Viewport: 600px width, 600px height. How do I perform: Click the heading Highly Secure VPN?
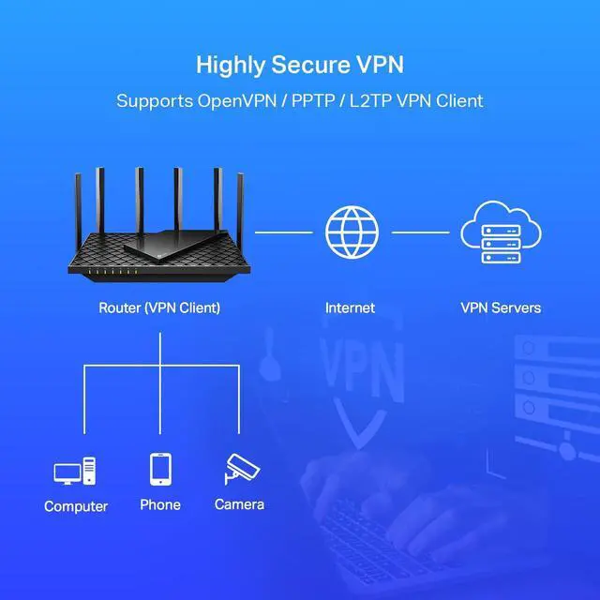[x=300, y=65]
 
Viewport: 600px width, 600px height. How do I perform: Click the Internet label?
[x=350, y=307]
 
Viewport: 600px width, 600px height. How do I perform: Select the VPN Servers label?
[x=501, y=307]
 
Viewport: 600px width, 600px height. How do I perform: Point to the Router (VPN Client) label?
[x=159, y=307]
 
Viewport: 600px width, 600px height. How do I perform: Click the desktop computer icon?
[x=75, y=472]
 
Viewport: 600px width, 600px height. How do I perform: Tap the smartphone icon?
[x=160, y=469]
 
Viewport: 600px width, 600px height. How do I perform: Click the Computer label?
[x=76, y=506]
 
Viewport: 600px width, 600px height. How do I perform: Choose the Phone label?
[x=160, y=504]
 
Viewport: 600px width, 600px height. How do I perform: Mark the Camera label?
[x=239, y=504]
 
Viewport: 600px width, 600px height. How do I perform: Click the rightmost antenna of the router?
[x=240, y=206]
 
